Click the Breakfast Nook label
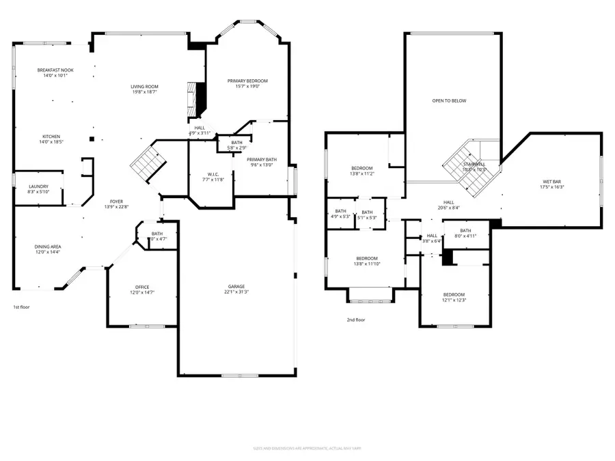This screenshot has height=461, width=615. (x=56, y=70)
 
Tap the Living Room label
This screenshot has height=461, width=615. (x=145, y=87)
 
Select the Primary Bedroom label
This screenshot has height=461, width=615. (x=247, y=81)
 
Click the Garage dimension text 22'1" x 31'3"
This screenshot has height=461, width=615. (x=236, y=292)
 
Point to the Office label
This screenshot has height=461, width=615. (x=142, y=287)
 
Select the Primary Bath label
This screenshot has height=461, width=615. (x=262, y=159)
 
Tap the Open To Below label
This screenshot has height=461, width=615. (x=449, y=101)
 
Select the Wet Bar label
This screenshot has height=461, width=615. (x=551, y=182)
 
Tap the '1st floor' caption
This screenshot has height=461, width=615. (x=21, y=307)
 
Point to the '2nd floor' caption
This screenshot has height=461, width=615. (x=355, y=320)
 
